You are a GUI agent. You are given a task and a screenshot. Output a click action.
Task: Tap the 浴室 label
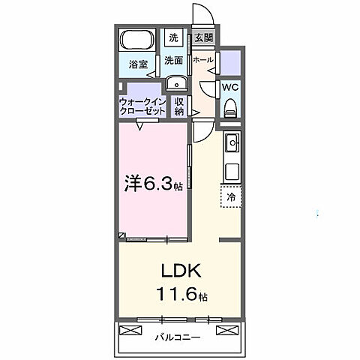136,64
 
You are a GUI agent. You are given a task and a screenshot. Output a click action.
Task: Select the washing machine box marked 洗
174,37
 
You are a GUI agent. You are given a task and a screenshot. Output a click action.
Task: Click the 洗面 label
174,60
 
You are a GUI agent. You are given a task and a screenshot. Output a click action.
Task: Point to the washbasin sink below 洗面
175,82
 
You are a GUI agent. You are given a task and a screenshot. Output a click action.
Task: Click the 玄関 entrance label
203,37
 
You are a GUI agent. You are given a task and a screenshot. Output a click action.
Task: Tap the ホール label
202,59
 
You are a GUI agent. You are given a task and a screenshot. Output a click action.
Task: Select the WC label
231,86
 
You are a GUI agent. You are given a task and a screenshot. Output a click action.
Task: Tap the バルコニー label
178,337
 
